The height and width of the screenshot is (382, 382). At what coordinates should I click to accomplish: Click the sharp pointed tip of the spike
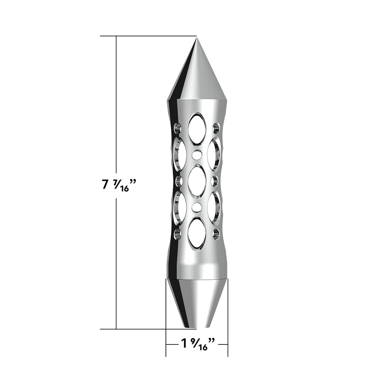[196, 38]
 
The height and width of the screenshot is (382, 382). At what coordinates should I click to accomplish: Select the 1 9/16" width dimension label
[198, 344]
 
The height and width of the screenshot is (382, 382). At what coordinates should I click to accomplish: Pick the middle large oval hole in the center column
[197, 181]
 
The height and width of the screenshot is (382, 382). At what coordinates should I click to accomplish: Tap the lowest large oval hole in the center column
[197, 234]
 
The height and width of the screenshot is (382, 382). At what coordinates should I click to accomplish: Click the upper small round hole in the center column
[197, 155]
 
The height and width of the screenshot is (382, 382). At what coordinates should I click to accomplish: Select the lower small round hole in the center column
[197, 208]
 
